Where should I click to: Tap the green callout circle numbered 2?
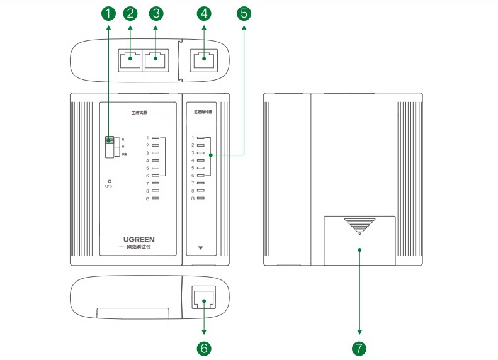(x=130, y=13)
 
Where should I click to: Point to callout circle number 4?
(x=203, y=13)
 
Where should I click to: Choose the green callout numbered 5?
(x=244, y=13)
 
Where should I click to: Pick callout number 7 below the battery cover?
(x=359, y=347)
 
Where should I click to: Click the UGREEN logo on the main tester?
(x=139, y=240)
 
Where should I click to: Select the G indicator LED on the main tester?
(x=156, y=198)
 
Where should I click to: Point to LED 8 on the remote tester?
(x=201, y=190)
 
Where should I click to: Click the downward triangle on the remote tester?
(x=201, y=248)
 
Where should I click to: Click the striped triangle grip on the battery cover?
(x=358, y=227)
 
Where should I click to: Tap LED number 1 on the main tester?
(x=156, y=137)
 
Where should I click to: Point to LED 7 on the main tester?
(x=156, y=183)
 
